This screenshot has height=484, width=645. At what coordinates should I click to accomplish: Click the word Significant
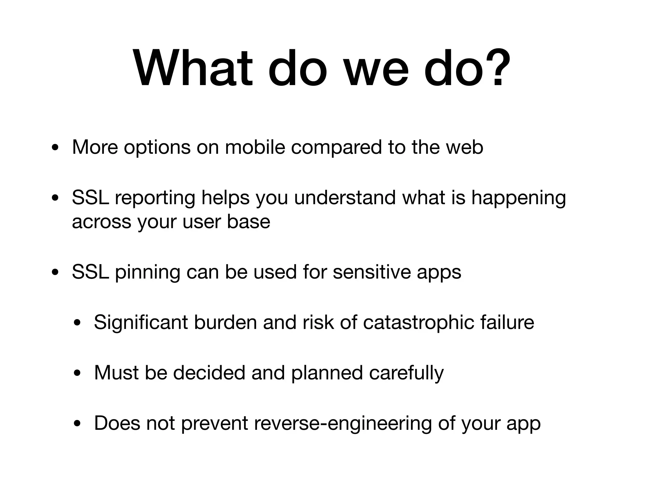coord(141,323)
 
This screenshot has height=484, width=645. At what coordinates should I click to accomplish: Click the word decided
coord(209,372)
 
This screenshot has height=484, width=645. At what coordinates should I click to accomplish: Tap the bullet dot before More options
coord(55,148)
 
